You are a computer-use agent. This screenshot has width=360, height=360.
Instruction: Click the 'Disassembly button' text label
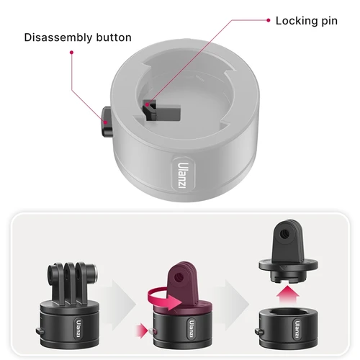[x=78, y=37]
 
